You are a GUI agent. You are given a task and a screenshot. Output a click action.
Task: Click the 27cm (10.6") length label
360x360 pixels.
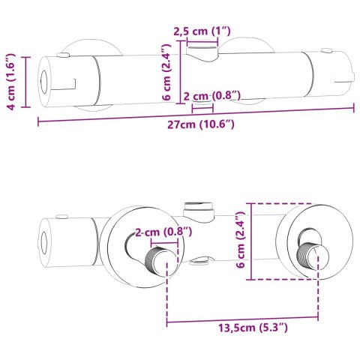pyautogui.click(x=201, y=124)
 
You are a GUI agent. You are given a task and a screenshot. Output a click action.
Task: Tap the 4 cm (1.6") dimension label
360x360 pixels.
pyautogui.click(x=11, y=82)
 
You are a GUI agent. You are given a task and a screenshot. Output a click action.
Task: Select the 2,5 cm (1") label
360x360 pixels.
pyautogui.click(x=202, y=31)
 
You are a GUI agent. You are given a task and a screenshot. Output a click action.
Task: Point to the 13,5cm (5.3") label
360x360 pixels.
pyautogui.click(x=253, y=328)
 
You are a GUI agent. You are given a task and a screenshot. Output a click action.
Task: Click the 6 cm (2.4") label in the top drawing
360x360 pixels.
pyautogui.click(x=166, y=72)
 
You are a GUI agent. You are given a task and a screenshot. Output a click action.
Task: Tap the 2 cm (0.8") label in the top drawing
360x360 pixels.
pyautogui.click(x=212, y=96)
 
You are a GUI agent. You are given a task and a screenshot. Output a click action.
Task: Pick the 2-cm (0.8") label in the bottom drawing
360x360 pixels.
pyautogui.click(x=163, y=232)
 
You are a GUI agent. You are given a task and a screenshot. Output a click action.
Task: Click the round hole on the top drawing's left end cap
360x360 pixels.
pyautogui.click(x=45, y=82)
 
